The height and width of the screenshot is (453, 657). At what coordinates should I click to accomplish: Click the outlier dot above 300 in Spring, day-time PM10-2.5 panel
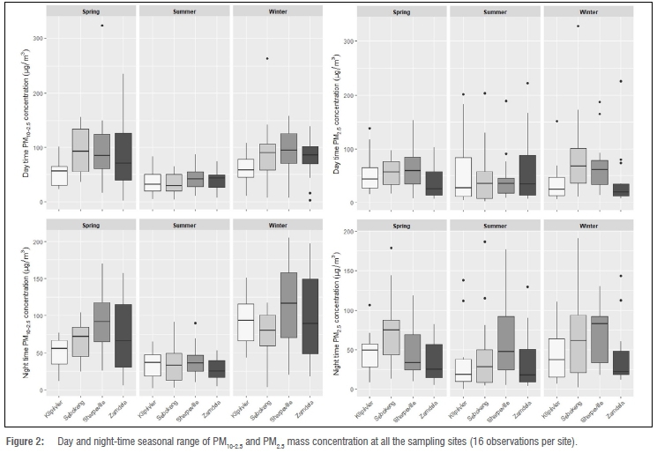click(102, 26)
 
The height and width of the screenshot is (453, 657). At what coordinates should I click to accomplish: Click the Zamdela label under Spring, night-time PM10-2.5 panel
click(123, 400)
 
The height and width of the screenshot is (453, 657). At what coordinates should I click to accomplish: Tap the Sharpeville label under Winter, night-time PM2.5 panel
click(601, 402)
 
